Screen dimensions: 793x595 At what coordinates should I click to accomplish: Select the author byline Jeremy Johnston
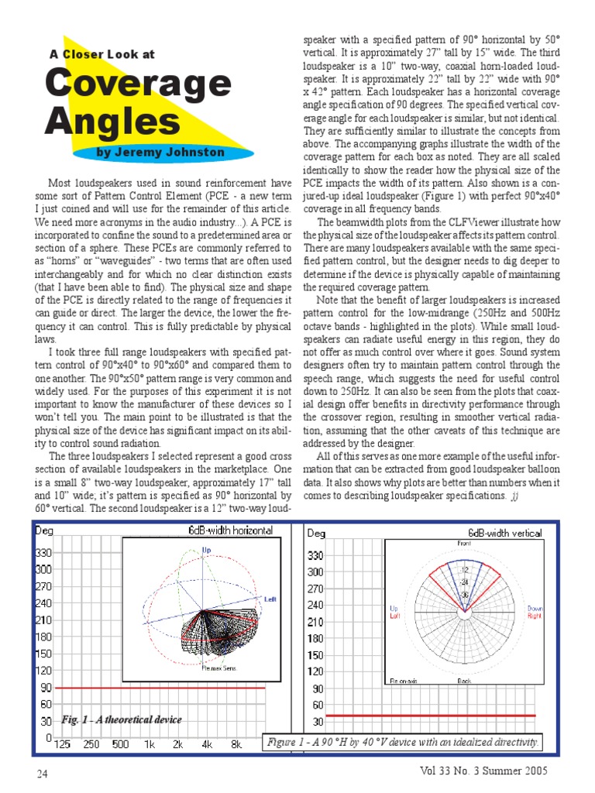[160, 152]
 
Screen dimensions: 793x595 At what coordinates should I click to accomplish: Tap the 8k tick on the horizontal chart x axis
[236, 745]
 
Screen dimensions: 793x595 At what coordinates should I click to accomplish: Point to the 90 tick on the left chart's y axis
[47, 688]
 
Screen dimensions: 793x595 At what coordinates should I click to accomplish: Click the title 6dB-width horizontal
[231, 530]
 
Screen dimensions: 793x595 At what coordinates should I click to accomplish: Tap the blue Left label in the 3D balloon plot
[270, 599]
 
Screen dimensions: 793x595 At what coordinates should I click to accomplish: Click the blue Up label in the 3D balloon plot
[206, 550]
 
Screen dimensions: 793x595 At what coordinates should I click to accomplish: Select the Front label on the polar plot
[463, 544]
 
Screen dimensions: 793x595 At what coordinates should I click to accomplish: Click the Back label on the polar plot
[464, 680]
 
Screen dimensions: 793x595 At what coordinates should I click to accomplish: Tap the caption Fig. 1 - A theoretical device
[122, 719]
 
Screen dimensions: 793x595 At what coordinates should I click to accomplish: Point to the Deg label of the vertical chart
[317, 533]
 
